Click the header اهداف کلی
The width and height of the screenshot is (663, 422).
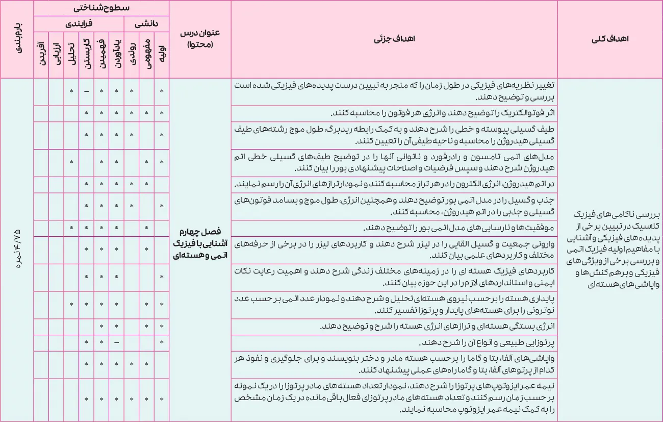point(609,39)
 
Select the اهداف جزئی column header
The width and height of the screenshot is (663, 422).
point(394,39)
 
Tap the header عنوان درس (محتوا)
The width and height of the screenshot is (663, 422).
point(200,39)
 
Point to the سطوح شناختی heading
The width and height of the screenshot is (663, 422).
point(101,8)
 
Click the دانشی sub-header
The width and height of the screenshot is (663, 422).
point(147,23)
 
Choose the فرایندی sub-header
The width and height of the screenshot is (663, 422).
point(79,23)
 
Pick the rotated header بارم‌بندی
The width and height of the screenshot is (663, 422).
point(17,39)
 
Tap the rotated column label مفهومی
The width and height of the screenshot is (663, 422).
point(147,52)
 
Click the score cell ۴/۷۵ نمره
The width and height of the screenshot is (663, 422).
point(17,250)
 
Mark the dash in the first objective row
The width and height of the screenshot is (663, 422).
point(87,91)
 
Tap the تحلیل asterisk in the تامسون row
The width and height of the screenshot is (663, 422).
point(72,162)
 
